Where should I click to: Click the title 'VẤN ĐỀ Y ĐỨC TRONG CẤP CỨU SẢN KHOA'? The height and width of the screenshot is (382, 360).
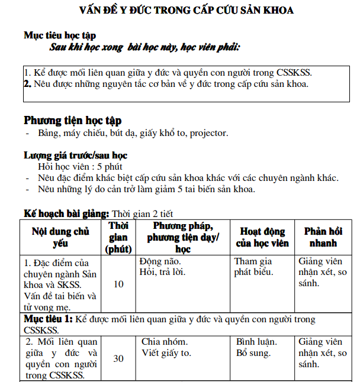(187, 10)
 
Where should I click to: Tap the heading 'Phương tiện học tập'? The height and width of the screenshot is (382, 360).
(72, 121)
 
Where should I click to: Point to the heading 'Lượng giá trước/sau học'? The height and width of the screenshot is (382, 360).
(75, 156)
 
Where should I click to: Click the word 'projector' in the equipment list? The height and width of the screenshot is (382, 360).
(208, 133)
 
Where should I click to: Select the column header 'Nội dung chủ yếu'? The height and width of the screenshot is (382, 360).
(60, 237)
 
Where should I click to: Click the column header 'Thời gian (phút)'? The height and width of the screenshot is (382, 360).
(118, 237)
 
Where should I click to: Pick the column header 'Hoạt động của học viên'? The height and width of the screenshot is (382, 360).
(262, 237)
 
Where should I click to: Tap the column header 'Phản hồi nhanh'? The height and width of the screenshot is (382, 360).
(322, 237)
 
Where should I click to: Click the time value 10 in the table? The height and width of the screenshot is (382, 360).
(118, 284)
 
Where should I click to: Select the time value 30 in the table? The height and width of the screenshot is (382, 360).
(118, 358)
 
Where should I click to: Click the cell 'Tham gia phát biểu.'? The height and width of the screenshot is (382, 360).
(253, 267)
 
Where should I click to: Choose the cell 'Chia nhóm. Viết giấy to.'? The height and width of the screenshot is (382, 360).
(166, 348)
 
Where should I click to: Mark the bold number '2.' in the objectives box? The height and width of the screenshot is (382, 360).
(27, 84)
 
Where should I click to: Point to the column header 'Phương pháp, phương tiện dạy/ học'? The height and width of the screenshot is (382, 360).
(183, 237)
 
